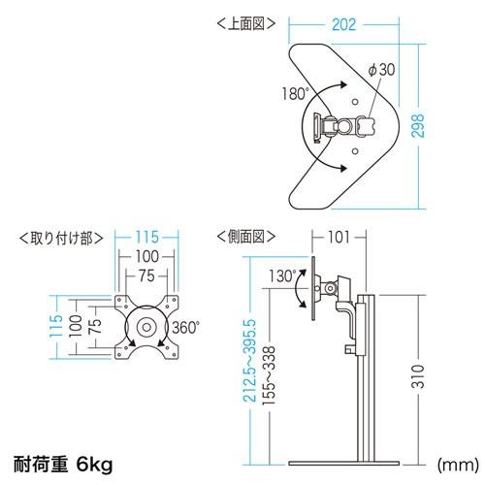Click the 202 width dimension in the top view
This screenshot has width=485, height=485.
[343, 25]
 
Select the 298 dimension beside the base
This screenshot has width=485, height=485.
[418, 126]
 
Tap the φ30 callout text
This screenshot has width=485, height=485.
[381, 70]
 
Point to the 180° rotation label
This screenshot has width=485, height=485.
[296, 94]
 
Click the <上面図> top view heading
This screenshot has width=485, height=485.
[246, 23]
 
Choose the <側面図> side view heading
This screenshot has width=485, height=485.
[246, 237]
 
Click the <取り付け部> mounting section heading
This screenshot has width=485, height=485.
[61, 239]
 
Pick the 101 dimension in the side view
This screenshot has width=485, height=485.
[339, 237]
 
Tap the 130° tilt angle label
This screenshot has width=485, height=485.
[282, 276]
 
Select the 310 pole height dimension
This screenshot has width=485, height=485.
[418, 376]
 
